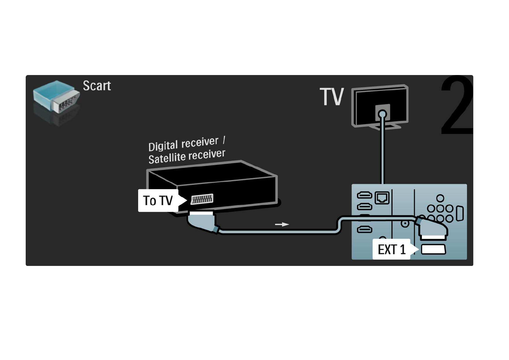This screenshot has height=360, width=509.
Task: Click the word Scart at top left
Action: pos(97,86)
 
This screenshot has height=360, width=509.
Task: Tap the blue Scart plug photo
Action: pos(56,97)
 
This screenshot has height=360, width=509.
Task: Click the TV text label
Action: pos(332,97)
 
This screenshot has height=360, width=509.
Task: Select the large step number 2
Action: pos(457,105)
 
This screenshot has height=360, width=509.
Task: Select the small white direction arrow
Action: pos(282,224)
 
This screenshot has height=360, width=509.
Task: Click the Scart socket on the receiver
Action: pos(202,199)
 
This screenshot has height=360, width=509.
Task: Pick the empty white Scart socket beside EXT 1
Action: pos(433,249)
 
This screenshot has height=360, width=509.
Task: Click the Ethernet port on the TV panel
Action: pos(382,198)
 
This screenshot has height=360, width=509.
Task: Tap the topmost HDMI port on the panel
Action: pos(365,195)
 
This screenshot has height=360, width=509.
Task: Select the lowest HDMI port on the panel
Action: pos(365,230)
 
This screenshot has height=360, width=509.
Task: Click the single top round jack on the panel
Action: pos(440,198)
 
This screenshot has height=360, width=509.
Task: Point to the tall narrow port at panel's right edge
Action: pos(460,213)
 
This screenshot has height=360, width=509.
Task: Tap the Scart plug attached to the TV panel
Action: pos(432,228)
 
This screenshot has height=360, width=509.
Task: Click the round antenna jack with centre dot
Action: pos(405,224)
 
